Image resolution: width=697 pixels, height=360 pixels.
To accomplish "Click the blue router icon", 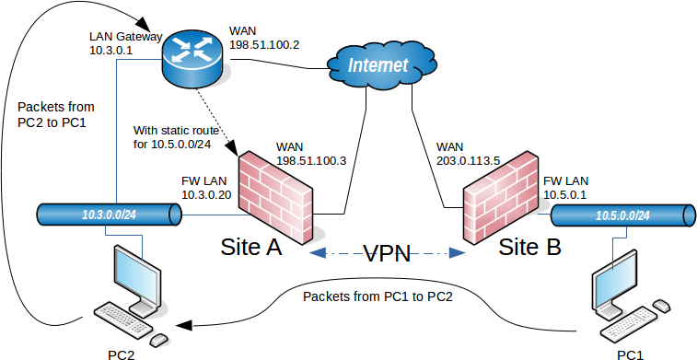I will click(193, 54).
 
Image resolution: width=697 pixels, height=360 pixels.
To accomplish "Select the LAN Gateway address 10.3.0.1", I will click(111, 52).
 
